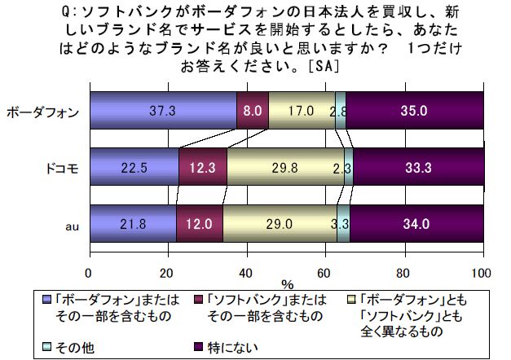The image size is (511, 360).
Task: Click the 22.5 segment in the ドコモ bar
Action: [x=134, y=169]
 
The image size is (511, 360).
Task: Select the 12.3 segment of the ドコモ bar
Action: [x=202, y=169]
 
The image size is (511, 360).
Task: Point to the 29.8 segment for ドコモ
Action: [x=285, y=169]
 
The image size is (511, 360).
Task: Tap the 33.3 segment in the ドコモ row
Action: [x=418, y=169]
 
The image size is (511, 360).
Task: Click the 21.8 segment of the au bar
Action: [x=132, y=223]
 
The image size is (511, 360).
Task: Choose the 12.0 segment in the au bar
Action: [x=200, y=223]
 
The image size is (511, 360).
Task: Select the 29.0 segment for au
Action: [x=280, y=223]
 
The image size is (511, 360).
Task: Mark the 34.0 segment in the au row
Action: [x=416, y=223]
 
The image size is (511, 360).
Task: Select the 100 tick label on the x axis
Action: [x=482, y=273]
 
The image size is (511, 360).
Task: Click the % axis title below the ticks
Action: [x=287, y=285]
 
